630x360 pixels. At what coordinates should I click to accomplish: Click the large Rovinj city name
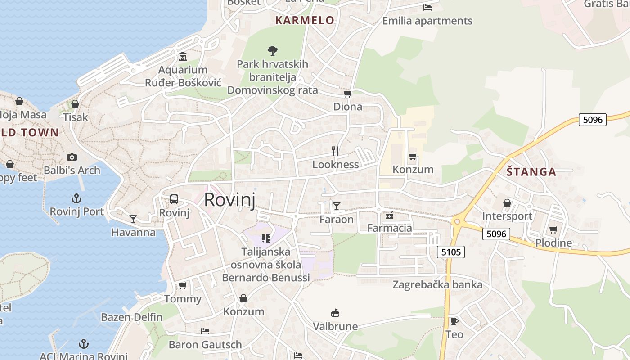point(229,199)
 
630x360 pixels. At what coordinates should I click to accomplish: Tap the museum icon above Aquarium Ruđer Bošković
point(183,57)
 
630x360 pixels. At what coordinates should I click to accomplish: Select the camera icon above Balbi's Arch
point(72,157)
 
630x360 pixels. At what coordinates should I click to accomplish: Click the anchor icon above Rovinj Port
point(76,198)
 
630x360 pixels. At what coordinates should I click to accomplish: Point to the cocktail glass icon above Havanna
point(133,219)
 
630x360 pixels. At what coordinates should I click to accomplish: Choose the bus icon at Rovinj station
point(174,199)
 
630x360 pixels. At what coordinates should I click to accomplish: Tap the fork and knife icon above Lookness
point(335,151)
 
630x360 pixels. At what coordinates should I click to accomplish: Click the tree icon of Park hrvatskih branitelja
point(272,50)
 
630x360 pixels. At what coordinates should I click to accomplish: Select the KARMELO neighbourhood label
point(305,20)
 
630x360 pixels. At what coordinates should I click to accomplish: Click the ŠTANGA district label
point(531,171)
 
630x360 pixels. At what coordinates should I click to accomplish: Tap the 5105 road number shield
point(451,252)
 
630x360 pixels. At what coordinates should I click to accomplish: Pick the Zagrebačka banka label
point(437,284)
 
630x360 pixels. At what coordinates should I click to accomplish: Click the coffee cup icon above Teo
point(454,321)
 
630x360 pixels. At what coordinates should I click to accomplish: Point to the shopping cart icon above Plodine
point(553,230)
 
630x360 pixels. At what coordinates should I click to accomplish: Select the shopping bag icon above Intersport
point(507,203)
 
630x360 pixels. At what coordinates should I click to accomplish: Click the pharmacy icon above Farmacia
point(390,215)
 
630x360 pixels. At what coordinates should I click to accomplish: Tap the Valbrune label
point(335,326)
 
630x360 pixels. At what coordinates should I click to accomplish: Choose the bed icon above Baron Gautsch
point(205,331)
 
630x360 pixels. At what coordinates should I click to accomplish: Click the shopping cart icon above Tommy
point(183,285)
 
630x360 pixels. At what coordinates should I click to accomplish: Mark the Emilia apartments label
point(427,21)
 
